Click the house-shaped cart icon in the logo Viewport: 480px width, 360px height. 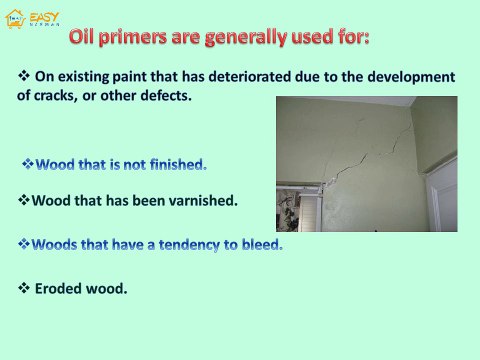click(15, 15)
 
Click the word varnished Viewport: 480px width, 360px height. click(202, 200)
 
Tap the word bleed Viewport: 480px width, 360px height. click(260, 243)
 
